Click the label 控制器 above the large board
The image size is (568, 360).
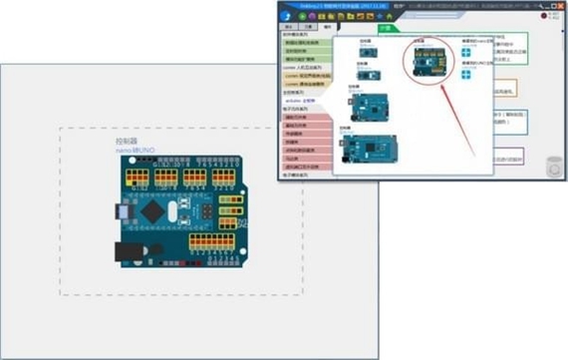pyautogui.click(x=129, y=142)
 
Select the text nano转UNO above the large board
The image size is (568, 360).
pyautogui.click(x=135, y=151)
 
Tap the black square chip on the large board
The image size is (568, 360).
pyautogui.click(x=152, y=211)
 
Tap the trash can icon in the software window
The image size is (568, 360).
pyautogui.click(x=554, y=167)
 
